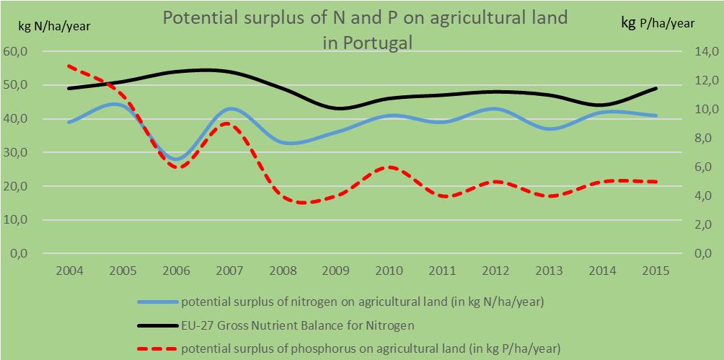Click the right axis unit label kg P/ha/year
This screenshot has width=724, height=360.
tap(658, 23)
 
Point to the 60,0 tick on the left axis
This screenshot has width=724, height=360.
tap(15, 51)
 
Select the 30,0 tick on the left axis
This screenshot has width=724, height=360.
tap(15, 152)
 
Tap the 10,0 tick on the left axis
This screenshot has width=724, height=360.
tap(15, 219)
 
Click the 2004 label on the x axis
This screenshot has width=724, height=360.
tap(70, 271)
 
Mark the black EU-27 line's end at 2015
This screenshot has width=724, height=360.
tap(656, 88)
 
